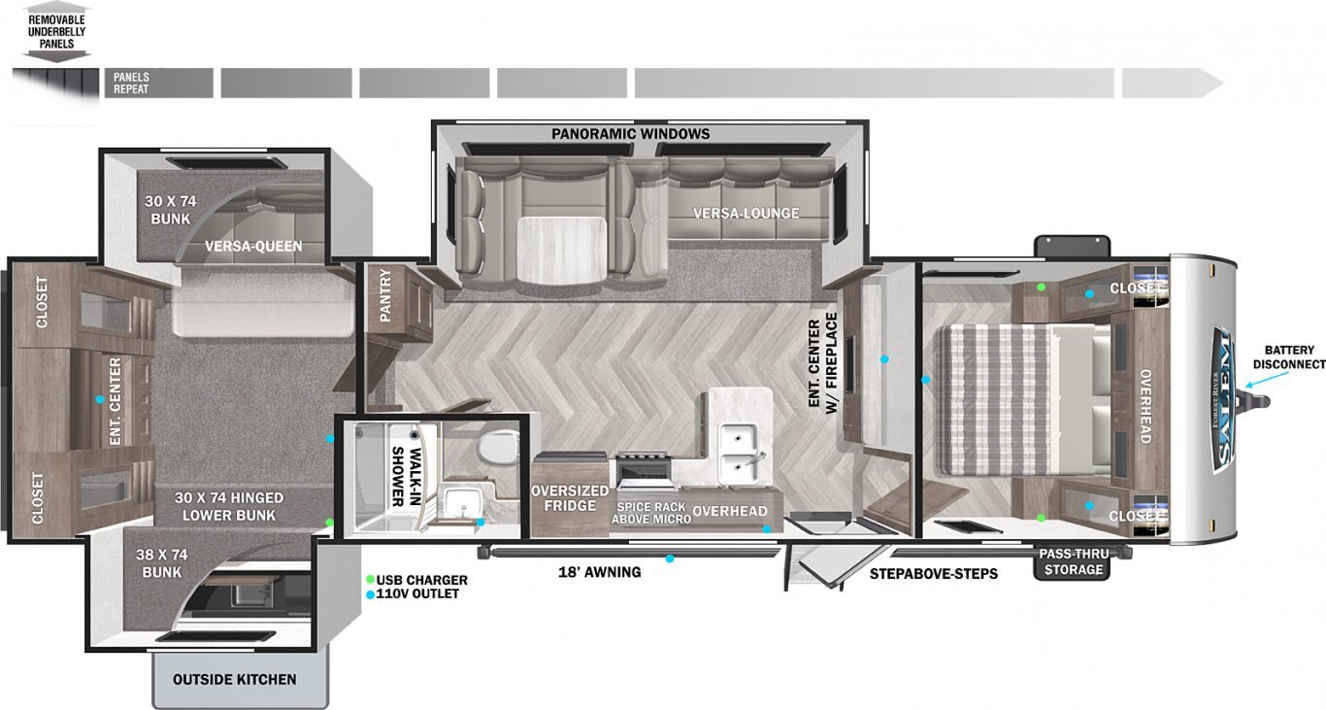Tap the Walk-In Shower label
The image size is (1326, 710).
click(407, 477)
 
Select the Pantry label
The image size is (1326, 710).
click(385, 295)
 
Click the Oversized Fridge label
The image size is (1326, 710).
click(570, 498)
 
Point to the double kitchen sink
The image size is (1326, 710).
click(739, 453)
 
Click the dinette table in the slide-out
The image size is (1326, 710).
click(561, 249)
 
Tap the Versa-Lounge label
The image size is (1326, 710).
click(746, 213)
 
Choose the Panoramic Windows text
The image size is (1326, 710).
click(630, 134)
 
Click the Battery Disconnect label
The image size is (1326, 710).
click(1289, 357)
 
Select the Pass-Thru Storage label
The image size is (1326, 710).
click(1074, 562)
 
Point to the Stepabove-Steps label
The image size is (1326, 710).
click(934, 573)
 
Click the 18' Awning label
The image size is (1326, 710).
click(599, 572)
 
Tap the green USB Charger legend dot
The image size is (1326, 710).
click(370, 579)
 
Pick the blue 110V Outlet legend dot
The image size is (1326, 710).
click(370, 594)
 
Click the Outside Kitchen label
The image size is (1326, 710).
click(234, 679)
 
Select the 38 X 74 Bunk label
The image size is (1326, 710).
click(161, 563)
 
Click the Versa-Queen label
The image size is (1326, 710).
click(253, 247)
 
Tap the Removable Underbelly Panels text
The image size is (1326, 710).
click(57, 32)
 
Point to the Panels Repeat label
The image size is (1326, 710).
click(131, 83)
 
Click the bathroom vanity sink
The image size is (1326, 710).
click(463, 503)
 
